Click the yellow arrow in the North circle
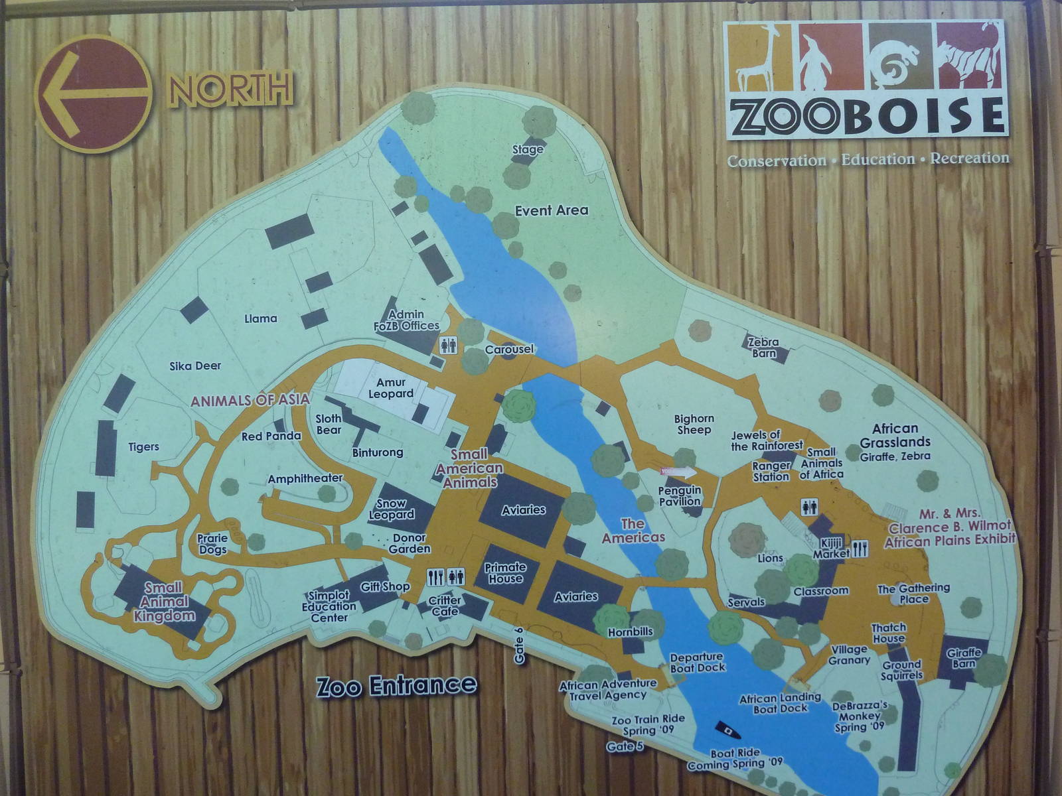click(x=93, y=94)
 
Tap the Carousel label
click(x=509, y=350)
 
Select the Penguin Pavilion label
click(x=680, y=496)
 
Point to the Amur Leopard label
click(x=395, y=388)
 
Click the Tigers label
click(x=144, y=446)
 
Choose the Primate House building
click(x=505, y=573)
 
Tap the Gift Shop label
click(x=385, y=586)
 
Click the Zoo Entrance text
click(x=396, y=685)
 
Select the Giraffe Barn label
click(x=964, y=658)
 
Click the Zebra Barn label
click(x=763, y=348)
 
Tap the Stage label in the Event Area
click(x=528, y=150)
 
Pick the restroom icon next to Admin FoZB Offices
click(x=448, y=345)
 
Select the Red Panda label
click(x=271, y=436)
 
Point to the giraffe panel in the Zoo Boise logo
click(x=759, y=57)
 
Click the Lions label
click(x=771, y=559)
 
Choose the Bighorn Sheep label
click(x=694, y=424)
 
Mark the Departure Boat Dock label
click(x=697, y=663)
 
